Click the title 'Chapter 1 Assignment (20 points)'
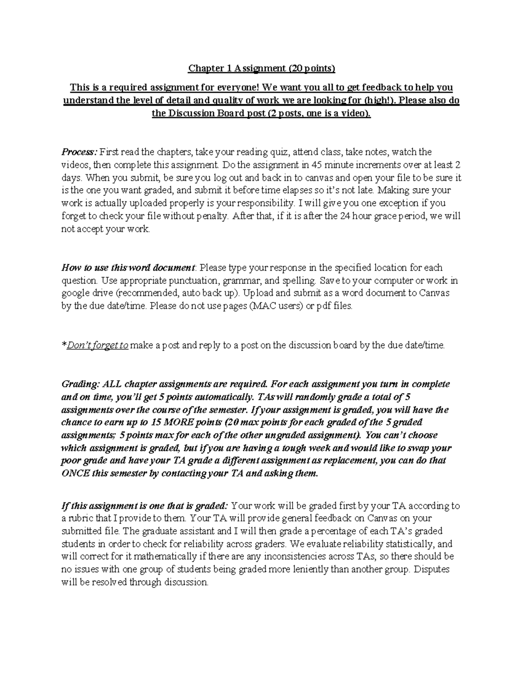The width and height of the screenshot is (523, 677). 261,68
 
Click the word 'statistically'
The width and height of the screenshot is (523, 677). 408,544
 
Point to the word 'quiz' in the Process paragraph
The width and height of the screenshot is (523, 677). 277,152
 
